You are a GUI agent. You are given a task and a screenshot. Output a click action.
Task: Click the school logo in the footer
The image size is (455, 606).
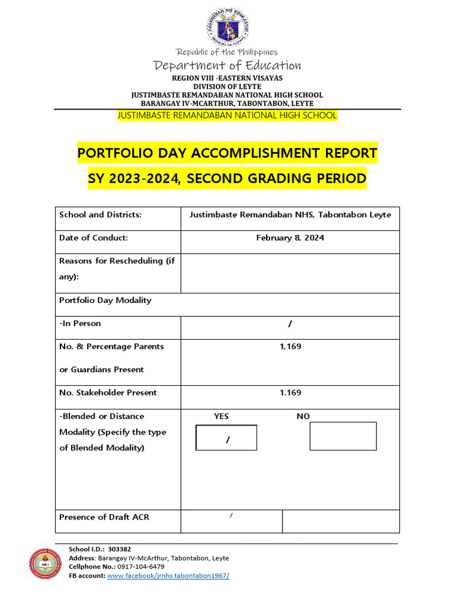coord(46,563)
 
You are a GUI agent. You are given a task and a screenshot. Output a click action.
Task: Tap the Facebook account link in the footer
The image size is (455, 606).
coord(168,576)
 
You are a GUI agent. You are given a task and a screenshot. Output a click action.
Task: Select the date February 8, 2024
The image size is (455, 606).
coord(290,238)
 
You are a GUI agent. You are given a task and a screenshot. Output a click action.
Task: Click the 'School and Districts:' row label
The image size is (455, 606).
coord(100,215)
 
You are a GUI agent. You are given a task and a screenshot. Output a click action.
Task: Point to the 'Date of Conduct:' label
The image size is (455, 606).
coord(93,238)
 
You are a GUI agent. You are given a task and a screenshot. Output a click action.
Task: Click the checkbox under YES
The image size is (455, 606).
coord(226,438)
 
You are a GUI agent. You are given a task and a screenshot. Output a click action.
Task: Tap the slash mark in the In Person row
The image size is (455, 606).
coord(290,324)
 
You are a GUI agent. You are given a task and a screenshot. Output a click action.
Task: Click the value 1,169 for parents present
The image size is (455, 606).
coord(290,347)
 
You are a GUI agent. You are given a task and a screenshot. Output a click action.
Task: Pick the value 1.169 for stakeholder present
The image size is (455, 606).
coord(290,393)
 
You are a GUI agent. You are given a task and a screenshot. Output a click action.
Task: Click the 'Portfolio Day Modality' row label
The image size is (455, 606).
coord(105,301)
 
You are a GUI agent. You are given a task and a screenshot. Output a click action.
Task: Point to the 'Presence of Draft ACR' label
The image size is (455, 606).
coord(104,517)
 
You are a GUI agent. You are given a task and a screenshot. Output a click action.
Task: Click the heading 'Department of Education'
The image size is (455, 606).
coord(227,65)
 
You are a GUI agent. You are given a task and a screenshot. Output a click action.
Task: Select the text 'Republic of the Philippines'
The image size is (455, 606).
coord(227,52)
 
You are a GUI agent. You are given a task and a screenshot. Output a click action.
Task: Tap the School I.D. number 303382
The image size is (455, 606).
coord(119,549)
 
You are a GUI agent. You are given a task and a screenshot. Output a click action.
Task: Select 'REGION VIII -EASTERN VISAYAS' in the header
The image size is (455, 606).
coord(227,78)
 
